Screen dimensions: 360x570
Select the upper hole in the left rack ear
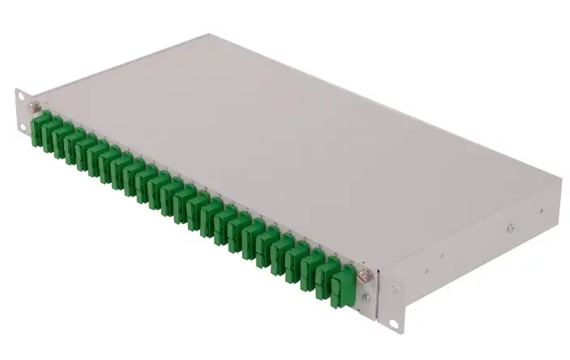tap(19, 95)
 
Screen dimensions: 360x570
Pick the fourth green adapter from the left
tap(81, 146)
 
